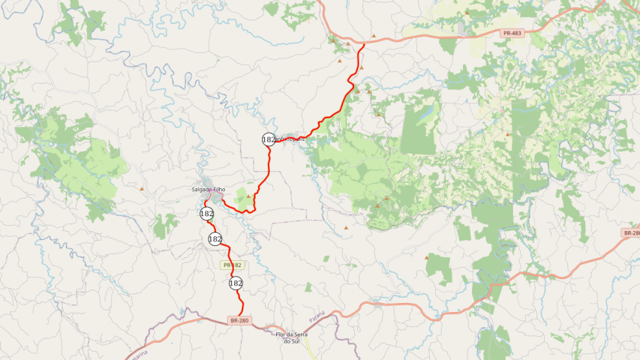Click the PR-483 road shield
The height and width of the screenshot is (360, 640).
(x=512, y=33)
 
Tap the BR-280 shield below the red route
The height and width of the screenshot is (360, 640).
(x=239, y=320)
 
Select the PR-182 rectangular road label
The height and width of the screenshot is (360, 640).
(x=233, y=265)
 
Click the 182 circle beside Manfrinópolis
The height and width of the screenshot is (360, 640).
(x=269, y=139)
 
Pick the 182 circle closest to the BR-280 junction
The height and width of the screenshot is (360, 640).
(x=236, y=283)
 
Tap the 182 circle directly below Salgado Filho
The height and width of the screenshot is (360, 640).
(x=207, y=214)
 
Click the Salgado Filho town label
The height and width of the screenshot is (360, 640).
(x=209, y=190)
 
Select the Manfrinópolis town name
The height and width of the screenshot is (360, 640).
(x=291, y=139)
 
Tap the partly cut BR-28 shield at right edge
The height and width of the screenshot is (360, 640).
(x=631, y=233)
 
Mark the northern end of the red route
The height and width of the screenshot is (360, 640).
(x=365, y=44)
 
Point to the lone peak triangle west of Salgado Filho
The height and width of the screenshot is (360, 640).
(x=141, y=189)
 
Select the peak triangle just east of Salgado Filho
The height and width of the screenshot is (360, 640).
(x=248, y=196)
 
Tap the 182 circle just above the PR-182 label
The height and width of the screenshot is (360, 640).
(x=215, y=238)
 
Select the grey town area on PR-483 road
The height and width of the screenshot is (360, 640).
(x=335, y=36)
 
